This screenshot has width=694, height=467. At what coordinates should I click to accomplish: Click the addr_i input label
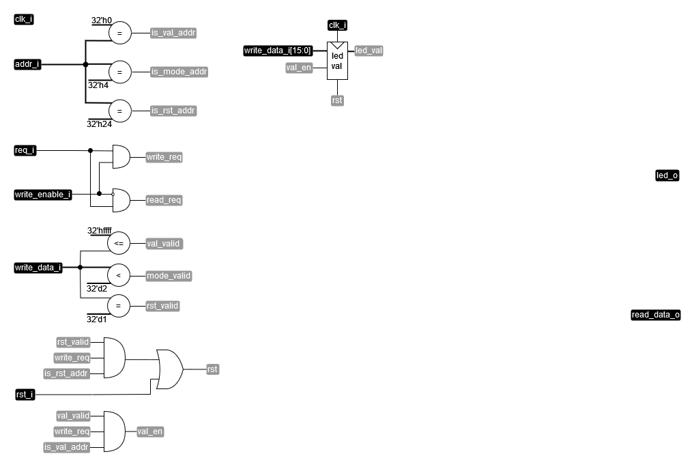coord(27,65)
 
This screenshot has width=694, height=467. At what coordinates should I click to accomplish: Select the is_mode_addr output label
coord(179,72)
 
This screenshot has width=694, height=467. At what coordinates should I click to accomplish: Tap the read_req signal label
coord(164,200)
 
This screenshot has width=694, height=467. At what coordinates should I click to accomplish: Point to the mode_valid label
coord(169,276)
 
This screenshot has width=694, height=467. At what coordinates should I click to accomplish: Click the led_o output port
coord(667,175)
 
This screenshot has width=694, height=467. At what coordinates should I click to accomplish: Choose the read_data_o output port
coord(655,315)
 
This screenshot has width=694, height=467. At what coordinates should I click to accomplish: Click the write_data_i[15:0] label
coord(278,51)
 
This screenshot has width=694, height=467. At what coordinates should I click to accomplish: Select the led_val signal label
coord(368,51)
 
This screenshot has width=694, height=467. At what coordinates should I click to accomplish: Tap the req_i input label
coord(25,150)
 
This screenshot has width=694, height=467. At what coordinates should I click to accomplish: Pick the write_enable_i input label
coord(43,195)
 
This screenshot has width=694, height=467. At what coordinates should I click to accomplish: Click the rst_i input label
coord(25,395)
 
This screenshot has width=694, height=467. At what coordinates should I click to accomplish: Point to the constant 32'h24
coord(99,124)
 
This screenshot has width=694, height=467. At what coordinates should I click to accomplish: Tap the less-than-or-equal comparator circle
coord(119,243)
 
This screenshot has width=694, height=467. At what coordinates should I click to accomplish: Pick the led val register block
coord(337,61)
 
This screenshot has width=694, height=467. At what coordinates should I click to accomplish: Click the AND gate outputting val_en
coord(114,431)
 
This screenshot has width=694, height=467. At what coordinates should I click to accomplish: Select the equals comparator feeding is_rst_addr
coord(119,111)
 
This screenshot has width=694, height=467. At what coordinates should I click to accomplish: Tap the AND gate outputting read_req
coord(121,200)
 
